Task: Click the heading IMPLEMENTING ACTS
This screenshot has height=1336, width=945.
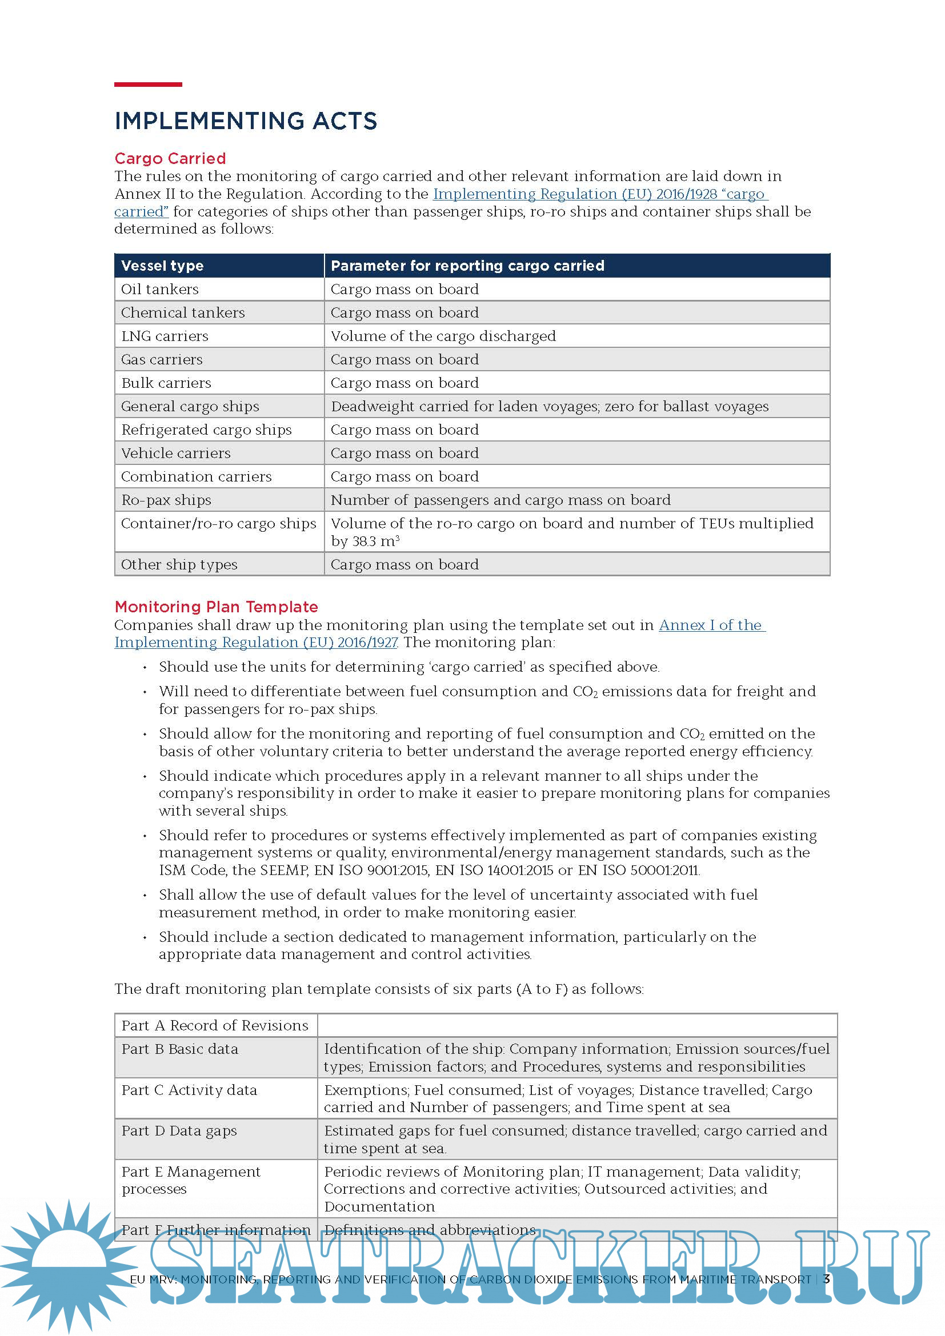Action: point(246,121)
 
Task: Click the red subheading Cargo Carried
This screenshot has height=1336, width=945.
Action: point(170,158)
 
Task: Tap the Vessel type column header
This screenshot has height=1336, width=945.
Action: point(162,266)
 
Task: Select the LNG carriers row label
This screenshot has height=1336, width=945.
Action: point(165,336)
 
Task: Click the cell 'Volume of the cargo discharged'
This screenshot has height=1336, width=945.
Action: point(443,336)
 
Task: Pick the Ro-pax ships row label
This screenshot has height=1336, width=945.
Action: point(166,500)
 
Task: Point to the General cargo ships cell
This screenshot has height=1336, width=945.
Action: point(190,406)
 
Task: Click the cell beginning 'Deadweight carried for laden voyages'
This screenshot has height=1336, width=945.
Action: point(549,406)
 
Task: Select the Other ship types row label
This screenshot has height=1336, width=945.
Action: point(179,564)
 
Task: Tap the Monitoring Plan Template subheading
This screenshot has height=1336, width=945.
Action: point(216,607)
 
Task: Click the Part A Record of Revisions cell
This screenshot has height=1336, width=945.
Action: point(215,1025)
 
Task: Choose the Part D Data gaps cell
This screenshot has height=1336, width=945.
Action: point(179,1130)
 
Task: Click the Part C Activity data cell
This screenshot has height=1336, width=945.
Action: point(189,1090)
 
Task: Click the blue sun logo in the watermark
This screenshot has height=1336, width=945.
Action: point(69,1263)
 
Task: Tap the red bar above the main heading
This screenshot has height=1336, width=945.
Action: point(148,85)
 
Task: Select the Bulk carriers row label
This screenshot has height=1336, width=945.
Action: point(166,383)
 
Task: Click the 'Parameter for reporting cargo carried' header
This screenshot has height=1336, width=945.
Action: point(467,266)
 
